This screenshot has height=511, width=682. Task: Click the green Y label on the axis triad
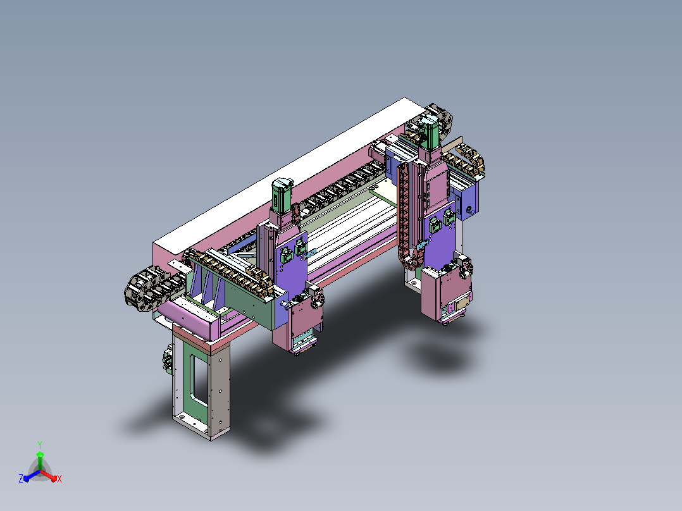[x=40, y=445]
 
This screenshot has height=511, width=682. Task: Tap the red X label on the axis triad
[x=59, y=479]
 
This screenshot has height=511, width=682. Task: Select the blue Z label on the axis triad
[x=21, y=478]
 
